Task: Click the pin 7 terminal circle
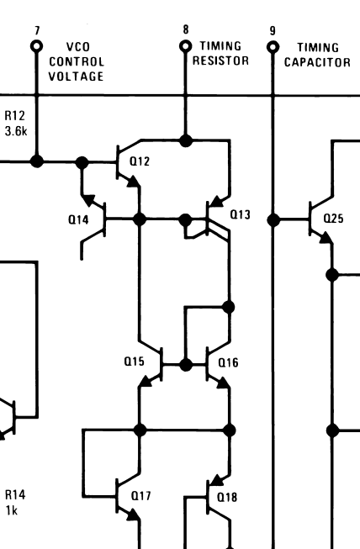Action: [36, 47]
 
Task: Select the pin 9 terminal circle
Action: [273, 47]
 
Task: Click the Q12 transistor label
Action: [140, 161]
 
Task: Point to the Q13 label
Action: [240, 214]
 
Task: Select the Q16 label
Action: [228, 362]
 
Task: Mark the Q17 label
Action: [140, 496]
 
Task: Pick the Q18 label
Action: [227, 497]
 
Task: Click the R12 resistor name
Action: [14, 116]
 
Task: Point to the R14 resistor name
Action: [14, 496]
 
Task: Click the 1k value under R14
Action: [12, 510]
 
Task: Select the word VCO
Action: [77, 48]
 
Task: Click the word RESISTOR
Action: [220, 61]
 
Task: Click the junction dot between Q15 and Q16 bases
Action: [186, 364]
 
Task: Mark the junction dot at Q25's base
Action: [273, 219]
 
